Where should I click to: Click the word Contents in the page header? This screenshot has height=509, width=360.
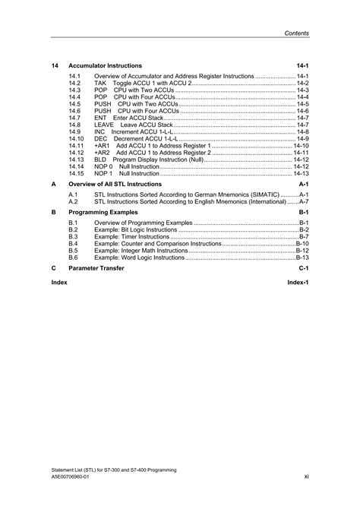coord(296,33)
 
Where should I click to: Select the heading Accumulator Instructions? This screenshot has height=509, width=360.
coord(104,66)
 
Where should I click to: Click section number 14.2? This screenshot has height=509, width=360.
coord(74,84)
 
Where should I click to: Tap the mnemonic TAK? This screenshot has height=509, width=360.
coord(100,84)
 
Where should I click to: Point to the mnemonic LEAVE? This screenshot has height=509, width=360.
coord(104,125)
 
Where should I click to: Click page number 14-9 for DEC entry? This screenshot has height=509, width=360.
coord(302,138)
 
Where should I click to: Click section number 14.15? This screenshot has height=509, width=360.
coord(76,172)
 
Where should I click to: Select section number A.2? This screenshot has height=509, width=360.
coord(73,202)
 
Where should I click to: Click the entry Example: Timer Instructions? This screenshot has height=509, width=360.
coord(131,237)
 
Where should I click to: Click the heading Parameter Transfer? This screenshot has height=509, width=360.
coord(96,269)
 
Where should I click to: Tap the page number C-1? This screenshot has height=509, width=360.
coord(303,269)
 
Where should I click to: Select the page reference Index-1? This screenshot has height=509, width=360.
coord(297,281)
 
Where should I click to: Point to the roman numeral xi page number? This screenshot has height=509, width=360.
coord(305,477)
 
